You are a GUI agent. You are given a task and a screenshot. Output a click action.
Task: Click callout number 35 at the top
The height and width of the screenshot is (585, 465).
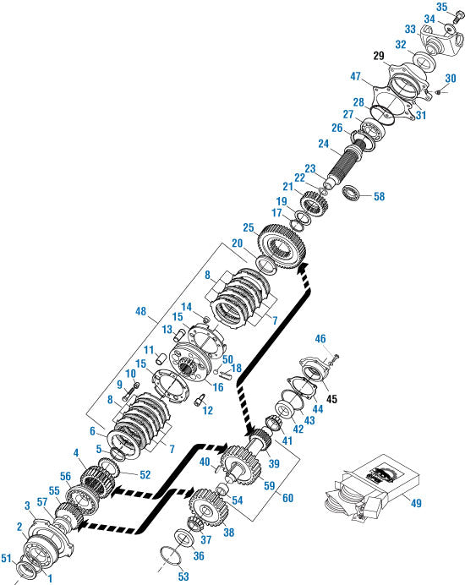coord(442,8)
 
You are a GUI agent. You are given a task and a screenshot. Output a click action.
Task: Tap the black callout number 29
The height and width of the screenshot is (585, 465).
coord(378,56)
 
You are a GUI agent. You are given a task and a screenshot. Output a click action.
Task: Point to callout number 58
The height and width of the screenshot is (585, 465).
coord(378,197)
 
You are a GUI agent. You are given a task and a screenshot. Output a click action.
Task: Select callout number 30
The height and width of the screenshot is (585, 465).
coord(450,78)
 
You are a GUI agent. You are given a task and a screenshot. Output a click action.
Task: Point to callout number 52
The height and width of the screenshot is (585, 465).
coord(145,475)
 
